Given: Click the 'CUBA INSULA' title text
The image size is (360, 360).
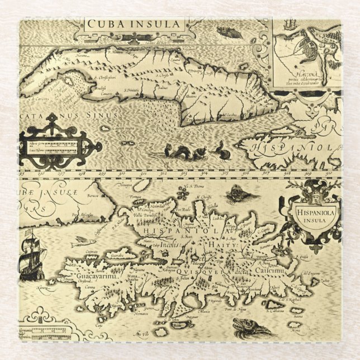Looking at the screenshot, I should tap(134, 24).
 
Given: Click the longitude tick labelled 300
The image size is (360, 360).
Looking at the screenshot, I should tap(145, 174).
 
